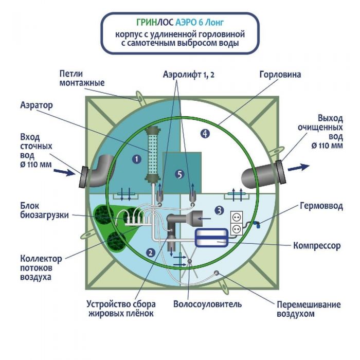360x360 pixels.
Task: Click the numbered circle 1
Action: coord(136,159)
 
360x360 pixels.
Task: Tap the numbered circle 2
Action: coord(151,252)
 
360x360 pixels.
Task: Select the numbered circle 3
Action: coord(219,210)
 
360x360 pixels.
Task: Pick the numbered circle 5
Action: coord(179,174)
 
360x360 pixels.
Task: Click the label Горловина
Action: coord(280,74)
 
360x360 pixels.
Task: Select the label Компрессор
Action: coord(316,246)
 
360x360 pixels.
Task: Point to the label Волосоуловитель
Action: coord(207,304)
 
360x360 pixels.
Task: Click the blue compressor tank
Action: coord(214,237)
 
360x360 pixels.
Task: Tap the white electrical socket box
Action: coord(236,222)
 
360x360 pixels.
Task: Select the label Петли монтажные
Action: coord(82,78)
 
